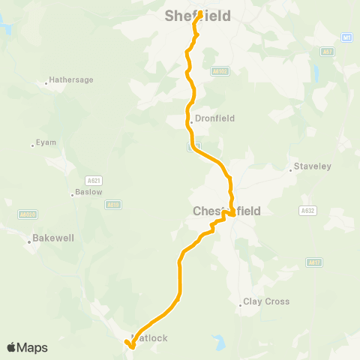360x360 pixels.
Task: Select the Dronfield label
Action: (x=214, y=118)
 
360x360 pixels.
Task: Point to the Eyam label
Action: (x=46, y=142)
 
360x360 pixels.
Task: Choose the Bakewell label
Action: (x=52, y=241)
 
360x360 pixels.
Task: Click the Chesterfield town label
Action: (x=226, y=211)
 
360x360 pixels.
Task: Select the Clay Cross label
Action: (x=265, y=302)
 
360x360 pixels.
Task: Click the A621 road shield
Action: (x=94, y=180)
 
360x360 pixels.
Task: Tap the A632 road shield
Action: (x=307, y=210)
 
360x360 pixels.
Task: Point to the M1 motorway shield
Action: (x=346, y=37)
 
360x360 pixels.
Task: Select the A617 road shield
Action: (x=313, y=262)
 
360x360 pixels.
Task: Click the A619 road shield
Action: (x=113, y=204)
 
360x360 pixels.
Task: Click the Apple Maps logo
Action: (x=27, y=347)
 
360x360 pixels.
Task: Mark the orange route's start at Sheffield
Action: (x=200, y=13)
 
